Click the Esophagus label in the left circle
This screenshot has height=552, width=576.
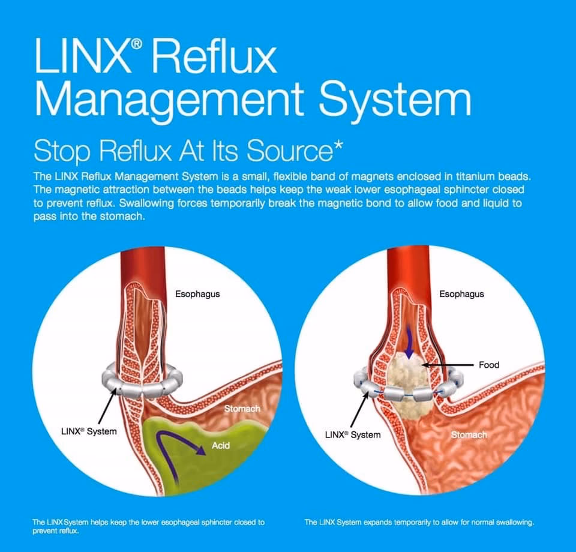click(x=197, y=295)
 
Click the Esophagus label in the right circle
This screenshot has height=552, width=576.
click(x=461, y=294)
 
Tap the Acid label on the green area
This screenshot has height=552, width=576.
click(x=221, y=446)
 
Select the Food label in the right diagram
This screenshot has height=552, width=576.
click(x=489, y=364)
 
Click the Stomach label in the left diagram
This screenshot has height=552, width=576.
click(x=242, y=409)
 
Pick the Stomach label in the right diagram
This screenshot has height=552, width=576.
click(x=469, y=434)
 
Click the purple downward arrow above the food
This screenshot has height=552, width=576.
click(x=410, y=343)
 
